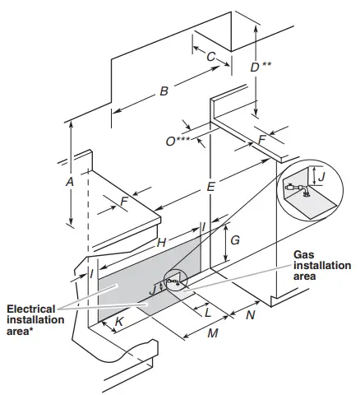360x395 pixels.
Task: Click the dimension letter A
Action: tap(70, 180)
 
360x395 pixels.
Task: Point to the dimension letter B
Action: tap(164, 91)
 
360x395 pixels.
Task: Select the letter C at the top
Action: tap(210, 57)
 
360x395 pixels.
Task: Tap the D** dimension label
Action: tap(260, 67)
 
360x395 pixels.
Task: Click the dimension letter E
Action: tap(211, 188)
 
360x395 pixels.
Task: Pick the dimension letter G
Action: tap(235, 242)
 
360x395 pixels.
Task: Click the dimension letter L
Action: tap(207, 313)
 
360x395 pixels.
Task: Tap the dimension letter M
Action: tap(212, 334)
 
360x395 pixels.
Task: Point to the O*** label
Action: tap(177, 142)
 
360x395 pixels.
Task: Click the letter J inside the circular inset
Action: tap(321, 176)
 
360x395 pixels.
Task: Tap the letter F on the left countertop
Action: tap(123, 201)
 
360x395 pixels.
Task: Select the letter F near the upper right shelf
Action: tap(261, 141)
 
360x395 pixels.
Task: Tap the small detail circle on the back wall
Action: tap(173, 281)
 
